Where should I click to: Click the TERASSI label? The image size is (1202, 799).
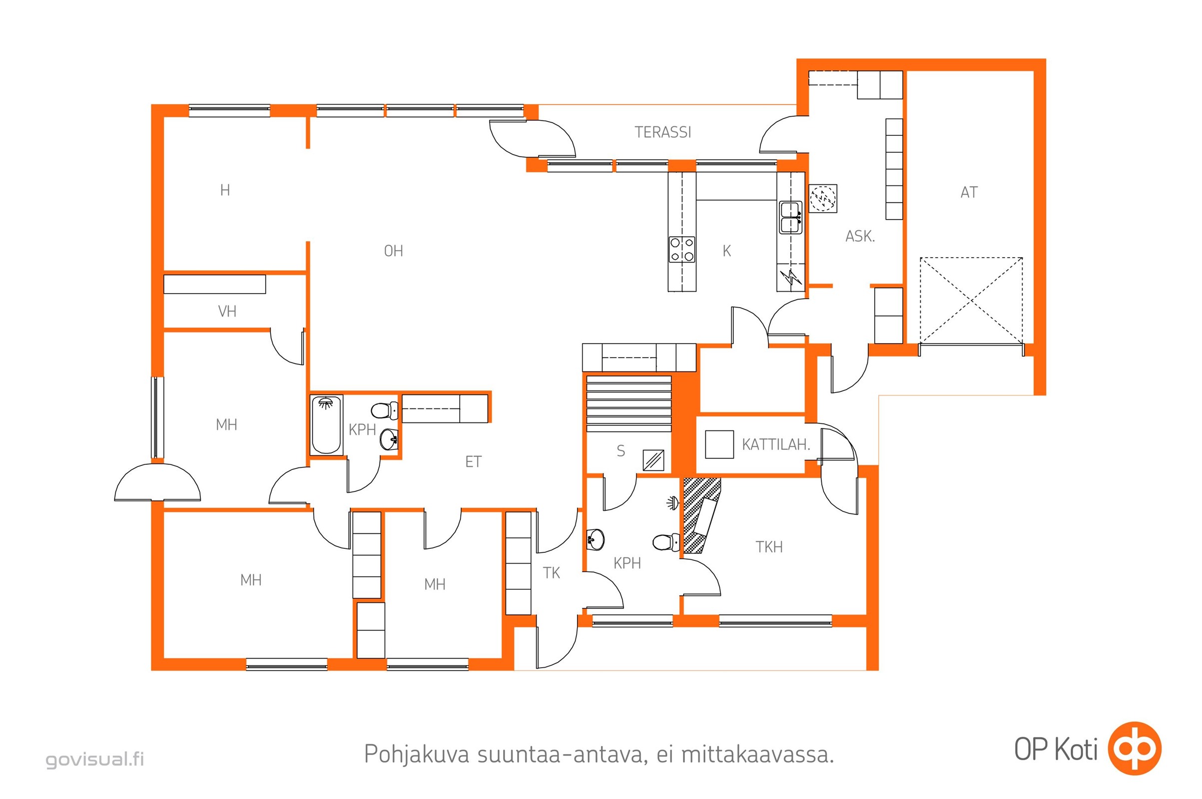[x=662, y=132]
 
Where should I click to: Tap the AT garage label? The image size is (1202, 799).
[x=969, y=193]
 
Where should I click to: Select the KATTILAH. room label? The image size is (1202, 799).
[x=776, y=445]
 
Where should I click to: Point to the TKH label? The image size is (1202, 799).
[x=769, y=547]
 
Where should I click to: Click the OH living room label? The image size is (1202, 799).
[x=393, y=251]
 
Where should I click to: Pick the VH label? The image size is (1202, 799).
[x=227, y=311]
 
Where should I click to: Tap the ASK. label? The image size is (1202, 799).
[x=860, y=236]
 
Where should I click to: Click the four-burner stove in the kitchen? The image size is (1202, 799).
[x=681, y=250]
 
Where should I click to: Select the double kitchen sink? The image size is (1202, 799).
[x=790, y=218]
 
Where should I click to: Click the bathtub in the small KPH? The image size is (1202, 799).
[x=326, y=424]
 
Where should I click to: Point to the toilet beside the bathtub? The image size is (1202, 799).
[x=384, y=409]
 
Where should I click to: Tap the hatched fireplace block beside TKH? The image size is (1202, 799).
[x=700, y=516]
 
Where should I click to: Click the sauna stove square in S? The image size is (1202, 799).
[x=653, y=460]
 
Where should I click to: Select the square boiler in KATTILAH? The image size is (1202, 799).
[x=719, y=444]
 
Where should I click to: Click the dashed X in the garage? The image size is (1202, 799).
[x=971, y=301]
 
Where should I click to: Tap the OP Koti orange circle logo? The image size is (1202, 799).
[x=1135, y=749]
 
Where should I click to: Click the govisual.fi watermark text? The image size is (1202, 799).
[x=95, y=759]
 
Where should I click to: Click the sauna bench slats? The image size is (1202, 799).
[x=628, y=403]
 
